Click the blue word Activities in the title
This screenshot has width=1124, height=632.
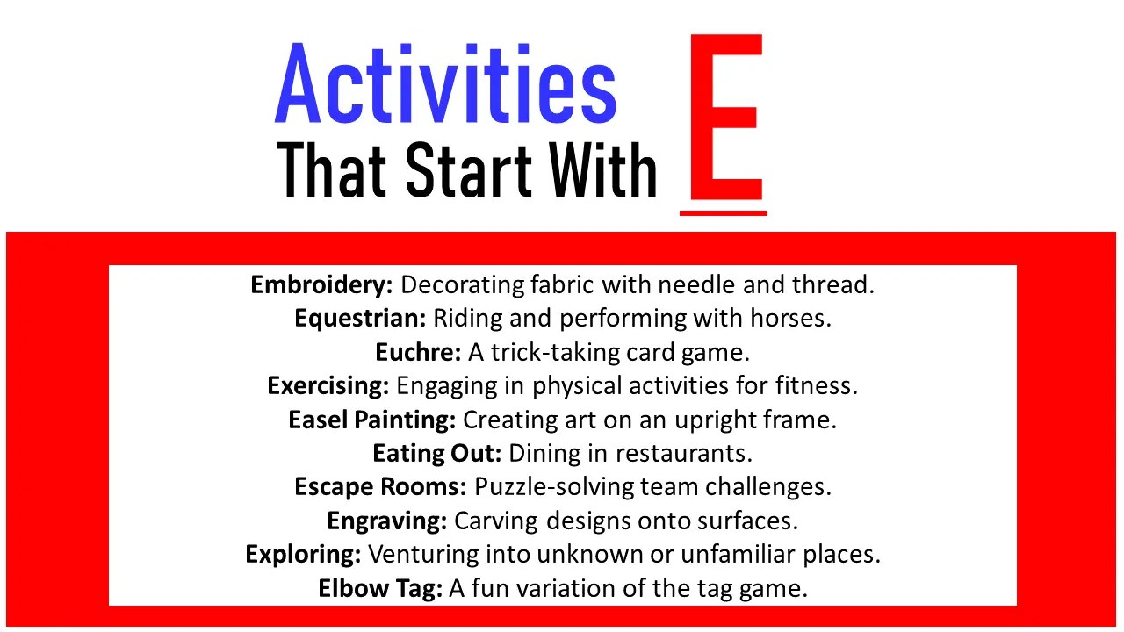[x=445, y=84]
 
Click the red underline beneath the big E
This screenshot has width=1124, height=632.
[x=724, y=212]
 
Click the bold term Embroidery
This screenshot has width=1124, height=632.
[x=322, y=284]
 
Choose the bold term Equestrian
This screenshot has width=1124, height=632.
[x=360, y=318]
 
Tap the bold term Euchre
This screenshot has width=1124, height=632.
[x=418, y=352]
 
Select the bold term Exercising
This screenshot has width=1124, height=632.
[x=328, y=385]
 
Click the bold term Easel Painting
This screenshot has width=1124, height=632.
[x=371, y=420]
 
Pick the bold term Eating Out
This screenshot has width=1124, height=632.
[x=437, y=453]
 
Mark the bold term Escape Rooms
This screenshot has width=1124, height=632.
[x=381, y=486]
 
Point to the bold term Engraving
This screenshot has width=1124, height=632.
[x=387, y=521]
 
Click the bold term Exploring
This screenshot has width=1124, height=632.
[x=303, y=555]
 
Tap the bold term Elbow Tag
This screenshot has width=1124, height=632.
[x=380, y=588]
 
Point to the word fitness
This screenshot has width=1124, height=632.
[x=816, y=385]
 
